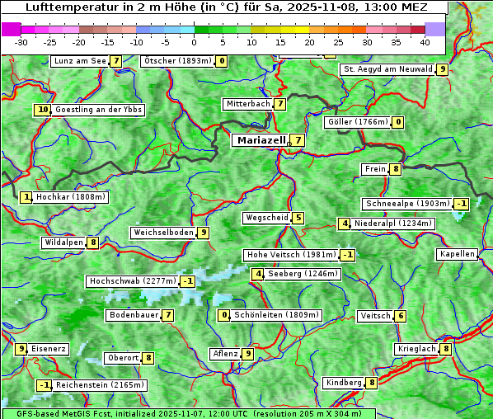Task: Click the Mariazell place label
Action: (x=261, y=140)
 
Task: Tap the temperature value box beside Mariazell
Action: (x=297, y=140)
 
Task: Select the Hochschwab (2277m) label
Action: (x=133, y=281)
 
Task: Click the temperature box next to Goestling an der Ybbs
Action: (x=42, y=110)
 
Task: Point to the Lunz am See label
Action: (x=79, y=61)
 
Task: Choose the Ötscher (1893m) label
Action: (x=177, y=61)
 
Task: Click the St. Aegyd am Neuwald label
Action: (x=387, y=69)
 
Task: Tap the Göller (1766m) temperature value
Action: (x=398, y=122)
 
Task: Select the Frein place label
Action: (x=375, y=169)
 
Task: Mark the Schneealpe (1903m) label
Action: (x=407, y=204)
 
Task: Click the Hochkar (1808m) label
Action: (x=71, y=197)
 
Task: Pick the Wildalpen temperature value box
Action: (x=93, y=242)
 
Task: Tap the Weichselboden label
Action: (x=163, y=233)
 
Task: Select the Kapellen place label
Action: (x=457, y=254)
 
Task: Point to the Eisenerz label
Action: (x=49, y=349)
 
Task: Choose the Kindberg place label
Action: (x=344, y=383)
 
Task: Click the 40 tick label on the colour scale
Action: (x=425, y=42)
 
